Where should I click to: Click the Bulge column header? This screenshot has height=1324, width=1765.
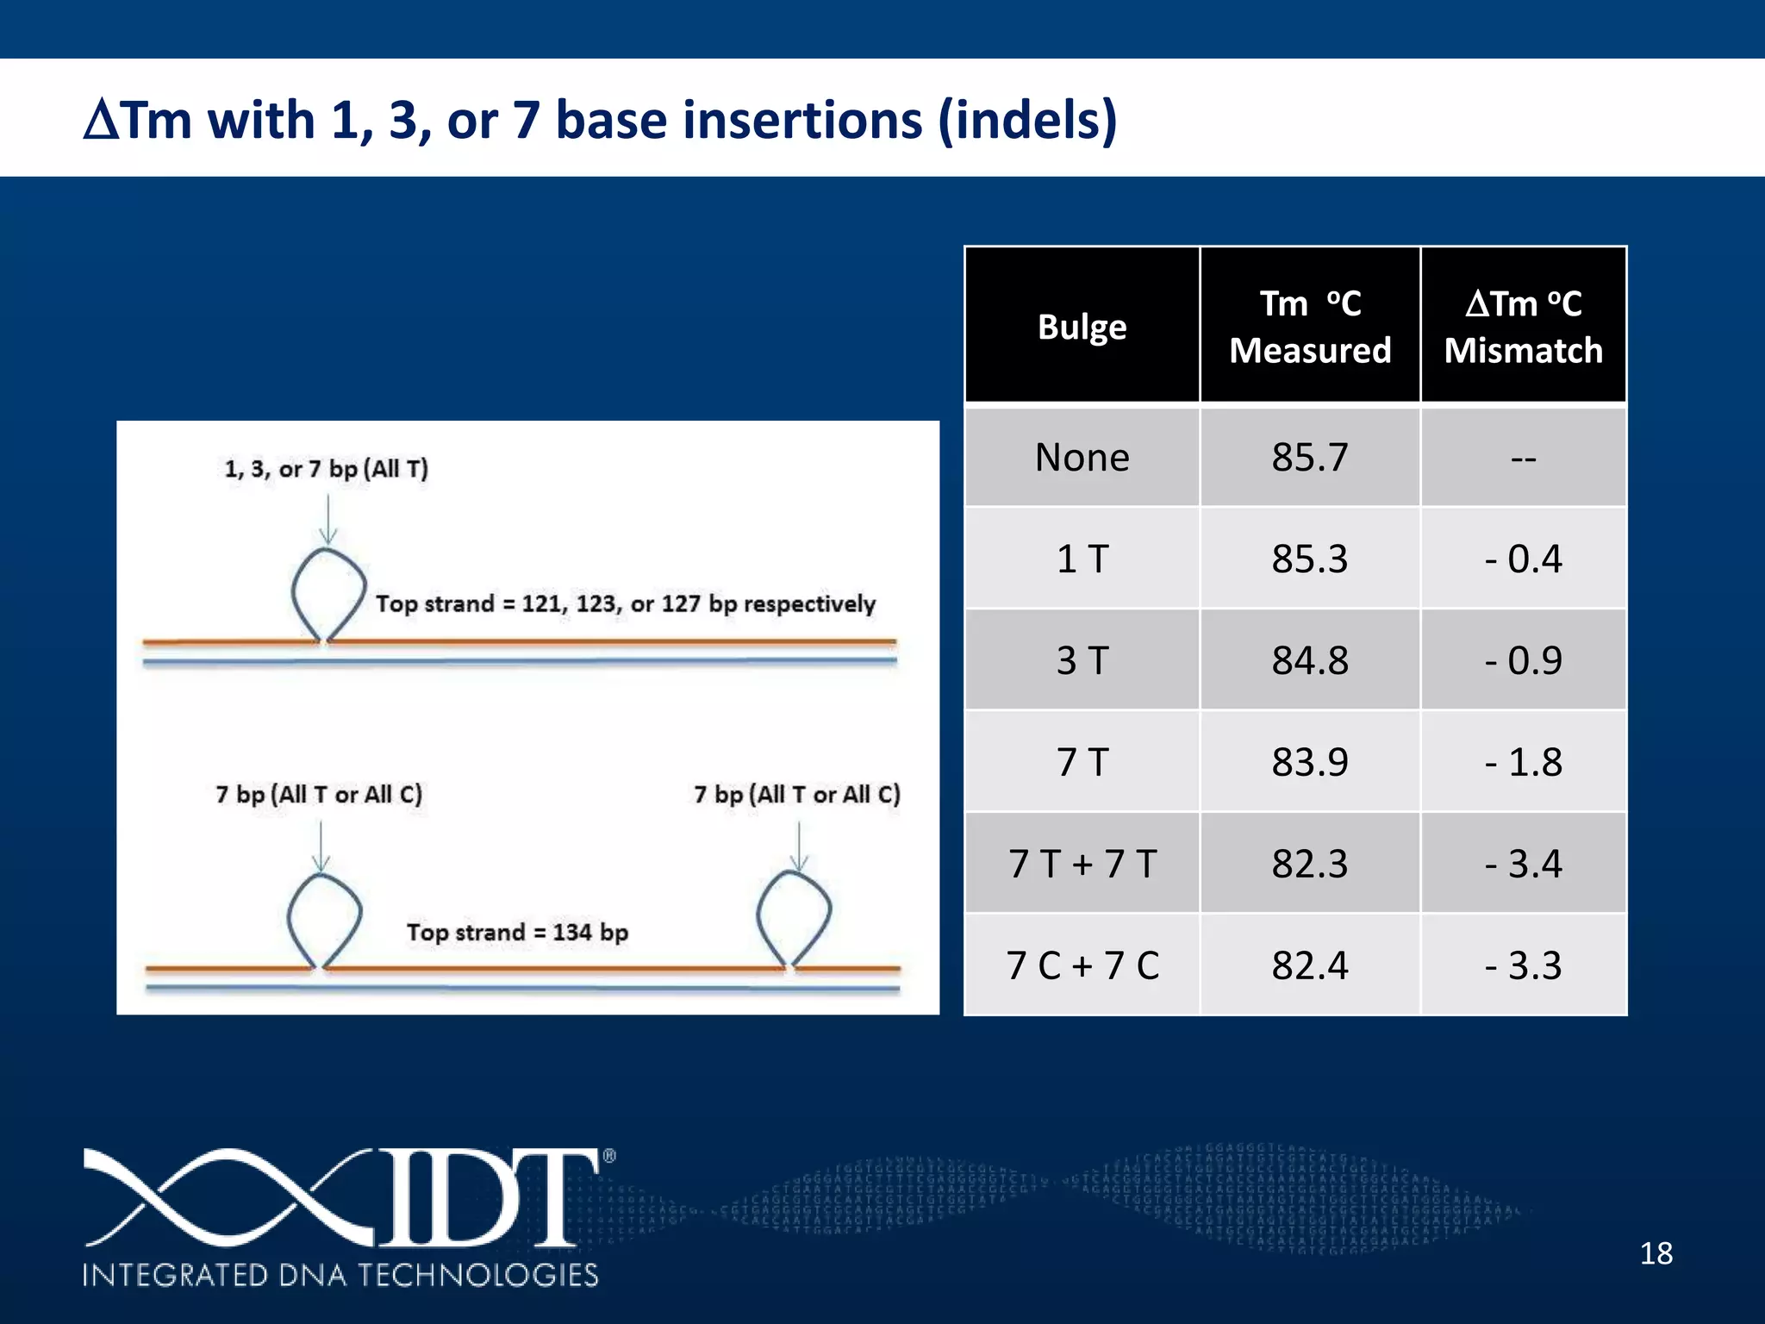tap(1082, 327)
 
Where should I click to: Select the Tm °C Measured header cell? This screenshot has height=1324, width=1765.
tap(1309, 327)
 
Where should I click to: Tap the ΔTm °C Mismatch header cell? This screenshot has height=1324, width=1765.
tap(1523, 327)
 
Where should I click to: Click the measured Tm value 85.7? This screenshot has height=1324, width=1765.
tap(1309, 457)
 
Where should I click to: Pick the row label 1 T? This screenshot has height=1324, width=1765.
tap(1082, 559)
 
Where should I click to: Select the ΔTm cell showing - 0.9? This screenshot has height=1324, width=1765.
tap(1523, 660)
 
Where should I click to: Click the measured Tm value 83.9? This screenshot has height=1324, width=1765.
tap(1309, 762)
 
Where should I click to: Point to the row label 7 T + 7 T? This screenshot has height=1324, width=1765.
tap(1082, 864)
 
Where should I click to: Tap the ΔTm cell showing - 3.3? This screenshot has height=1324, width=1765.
tap(1523, 965)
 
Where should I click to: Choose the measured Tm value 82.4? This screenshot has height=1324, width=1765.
tap(1309, 965)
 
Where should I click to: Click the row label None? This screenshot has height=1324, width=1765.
tap(1082, 457)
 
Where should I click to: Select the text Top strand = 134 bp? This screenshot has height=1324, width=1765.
tap(517, 932)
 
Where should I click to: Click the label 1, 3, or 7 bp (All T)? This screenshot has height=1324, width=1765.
tap(326, 469)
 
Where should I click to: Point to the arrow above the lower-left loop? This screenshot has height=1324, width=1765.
tap(321, 845)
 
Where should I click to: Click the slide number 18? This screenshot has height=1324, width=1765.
tap(1655, 1253)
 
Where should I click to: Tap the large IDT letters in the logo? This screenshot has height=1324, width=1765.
tap(483, 1198)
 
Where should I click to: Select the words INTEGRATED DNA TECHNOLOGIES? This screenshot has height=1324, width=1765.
tap(340, 1275)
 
